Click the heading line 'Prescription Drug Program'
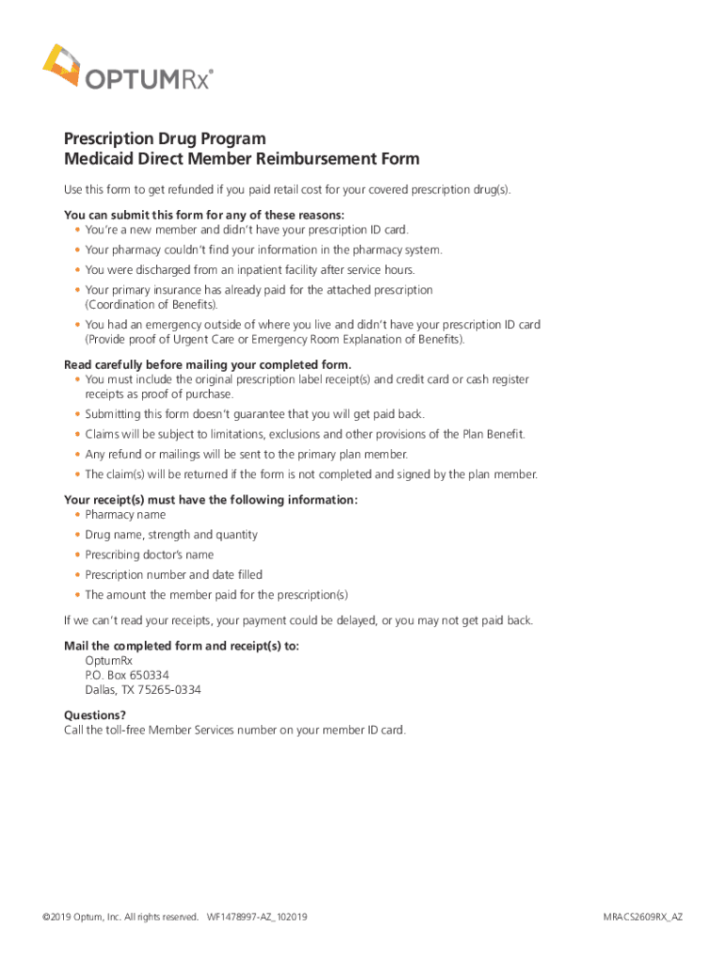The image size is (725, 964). tap(165, 139)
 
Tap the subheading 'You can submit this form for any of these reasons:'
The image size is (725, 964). tap(203, 215)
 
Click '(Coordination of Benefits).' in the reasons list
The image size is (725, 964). tap(152, 305)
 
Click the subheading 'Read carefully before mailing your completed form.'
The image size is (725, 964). tap(207, 364)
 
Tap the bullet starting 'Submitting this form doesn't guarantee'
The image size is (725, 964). tap(254, 414)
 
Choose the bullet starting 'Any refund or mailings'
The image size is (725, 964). tap(246, 454)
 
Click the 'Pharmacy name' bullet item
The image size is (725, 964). tap(125, 515)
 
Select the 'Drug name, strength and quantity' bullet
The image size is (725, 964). tap(170, 535)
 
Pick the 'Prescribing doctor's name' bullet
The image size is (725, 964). tap(149, 554)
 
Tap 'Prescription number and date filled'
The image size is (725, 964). tap(173, 574)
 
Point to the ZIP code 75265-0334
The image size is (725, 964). tap(169, 690)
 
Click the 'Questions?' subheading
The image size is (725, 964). tap(94, 715)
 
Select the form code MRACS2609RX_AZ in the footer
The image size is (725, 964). tap(643, 917)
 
